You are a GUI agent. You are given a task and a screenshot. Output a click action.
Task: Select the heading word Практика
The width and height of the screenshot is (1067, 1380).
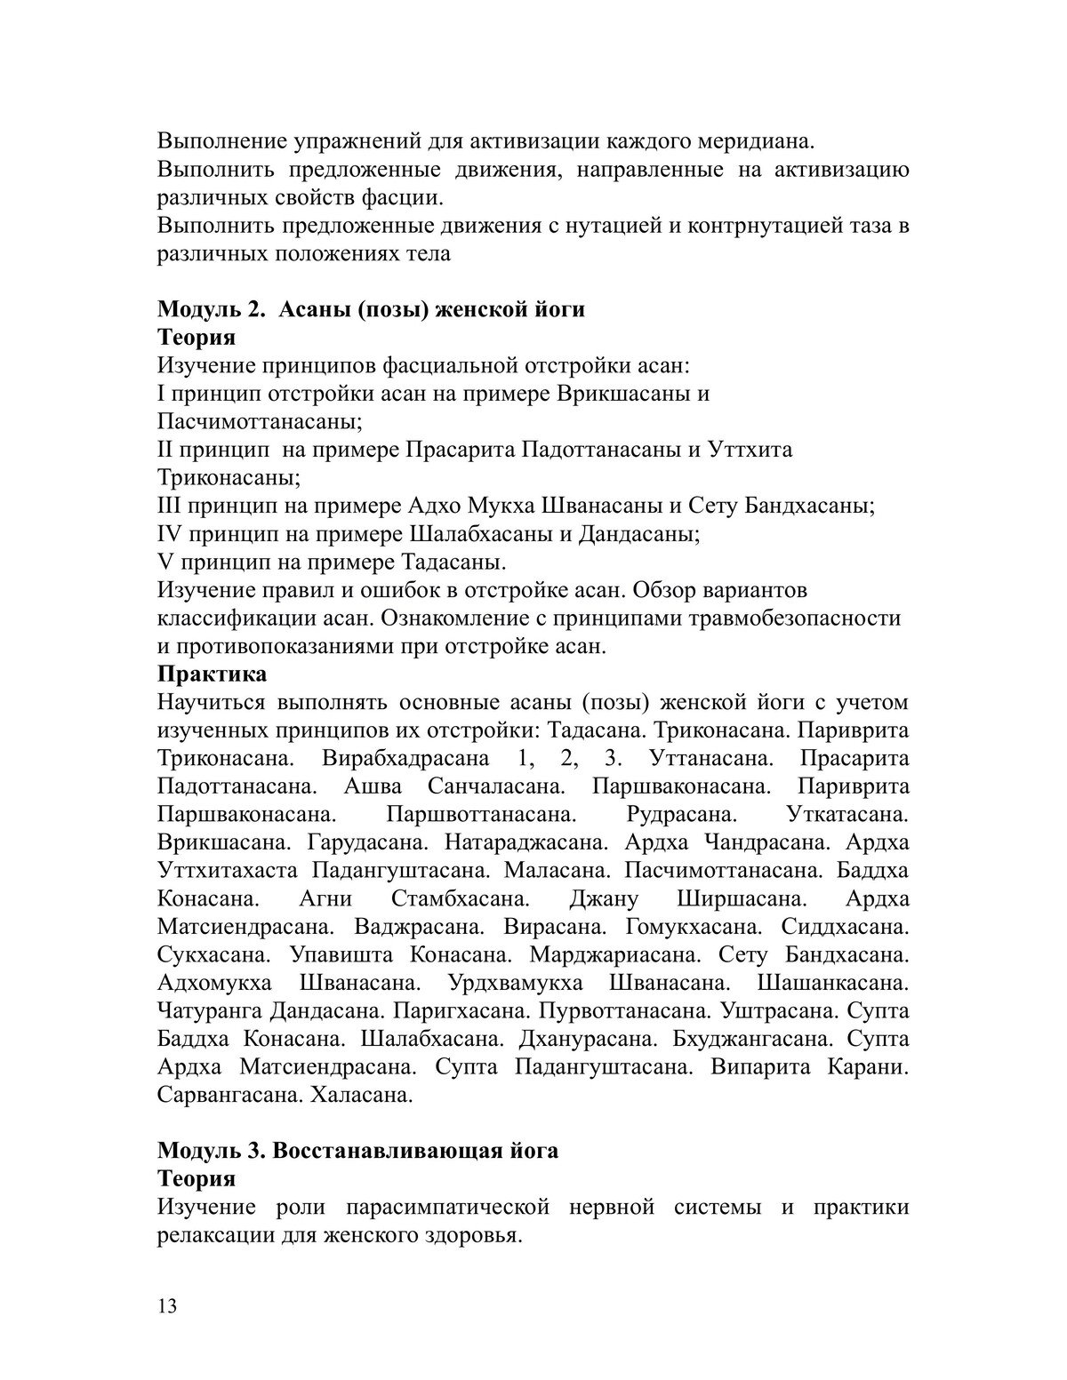click(x=212, y=674)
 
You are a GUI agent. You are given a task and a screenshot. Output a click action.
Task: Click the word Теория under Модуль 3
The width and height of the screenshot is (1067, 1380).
click(x=197, y=1178)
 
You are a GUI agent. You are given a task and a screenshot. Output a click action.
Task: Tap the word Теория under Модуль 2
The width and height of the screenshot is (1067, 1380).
click(x=197, y=338)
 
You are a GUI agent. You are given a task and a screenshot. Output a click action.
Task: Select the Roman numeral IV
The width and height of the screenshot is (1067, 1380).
click(x=169, y=535)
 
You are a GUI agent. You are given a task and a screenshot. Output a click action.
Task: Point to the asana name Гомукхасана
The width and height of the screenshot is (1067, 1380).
click(x=694, y=927)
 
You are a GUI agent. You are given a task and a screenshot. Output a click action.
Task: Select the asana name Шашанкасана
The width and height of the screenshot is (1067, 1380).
click(x=833, y=983)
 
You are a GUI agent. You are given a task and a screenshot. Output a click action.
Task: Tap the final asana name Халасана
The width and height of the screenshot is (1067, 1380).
click(x=362, y=1095)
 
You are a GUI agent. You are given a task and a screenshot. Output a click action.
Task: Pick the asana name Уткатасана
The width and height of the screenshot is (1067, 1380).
click(x=847, y=815)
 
